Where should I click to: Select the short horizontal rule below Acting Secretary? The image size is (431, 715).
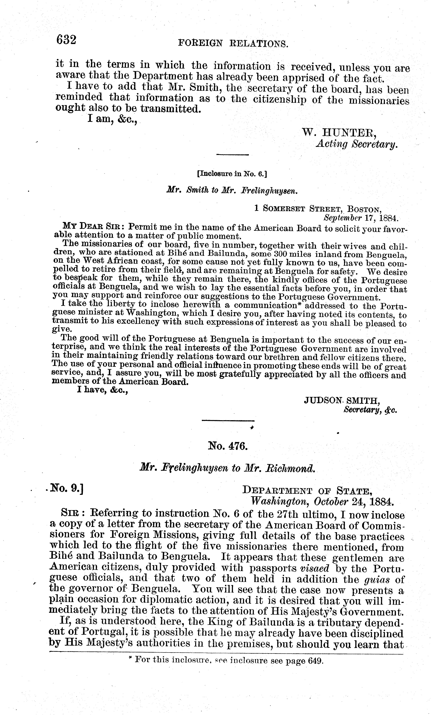click(232, 155)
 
